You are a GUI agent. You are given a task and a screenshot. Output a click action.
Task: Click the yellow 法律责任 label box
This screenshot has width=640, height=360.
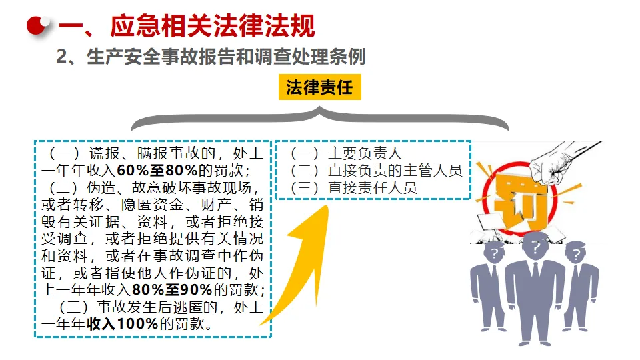click(x=319, y=87)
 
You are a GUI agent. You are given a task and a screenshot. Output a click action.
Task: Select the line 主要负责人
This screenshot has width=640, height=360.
click(x=364, y=153)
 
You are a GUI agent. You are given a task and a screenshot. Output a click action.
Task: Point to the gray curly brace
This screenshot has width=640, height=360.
click(x=319, y=119)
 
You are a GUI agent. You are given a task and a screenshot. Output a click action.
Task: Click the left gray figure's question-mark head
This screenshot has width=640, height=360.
click(x=493, y=253)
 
